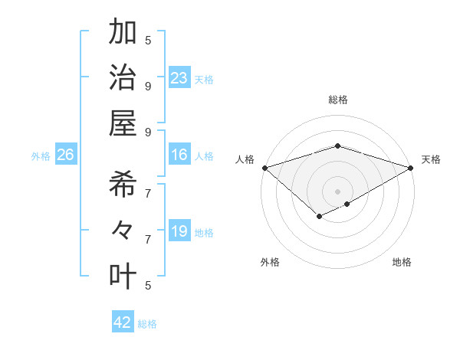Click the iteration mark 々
point(123,230)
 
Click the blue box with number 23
point(179,77)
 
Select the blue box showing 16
point(179,155)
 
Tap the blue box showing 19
point(179,231)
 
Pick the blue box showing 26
point(65,155)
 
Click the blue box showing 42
point(123,322)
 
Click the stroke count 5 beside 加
point(148,40)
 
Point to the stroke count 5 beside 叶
point(148,285)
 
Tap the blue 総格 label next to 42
point(147,324)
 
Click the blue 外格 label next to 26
point(41,156)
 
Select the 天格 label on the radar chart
point(431,159)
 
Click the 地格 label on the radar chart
point(402,262)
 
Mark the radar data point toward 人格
point(264,167)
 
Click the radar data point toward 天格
point(411,167)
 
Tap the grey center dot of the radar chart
point(337,191)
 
